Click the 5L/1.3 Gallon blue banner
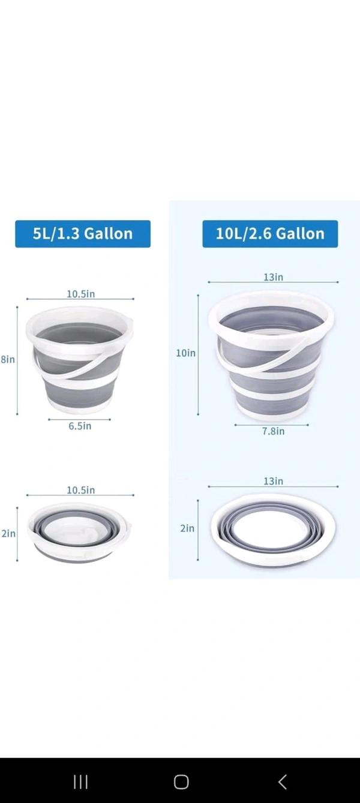83,234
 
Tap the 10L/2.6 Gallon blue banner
270,234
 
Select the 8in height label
8,360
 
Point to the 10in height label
185,353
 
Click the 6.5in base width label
79,426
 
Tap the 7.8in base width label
273,431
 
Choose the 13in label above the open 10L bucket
273,277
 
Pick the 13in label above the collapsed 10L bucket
273,481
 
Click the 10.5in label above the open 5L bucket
80,294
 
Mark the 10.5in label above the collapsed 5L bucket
80,490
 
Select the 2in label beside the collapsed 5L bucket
8,533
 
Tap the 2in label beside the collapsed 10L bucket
187,528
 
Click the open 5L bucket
79,360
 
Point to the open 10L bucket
271,354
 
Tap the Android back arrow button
282,781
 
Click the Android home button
181,781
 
